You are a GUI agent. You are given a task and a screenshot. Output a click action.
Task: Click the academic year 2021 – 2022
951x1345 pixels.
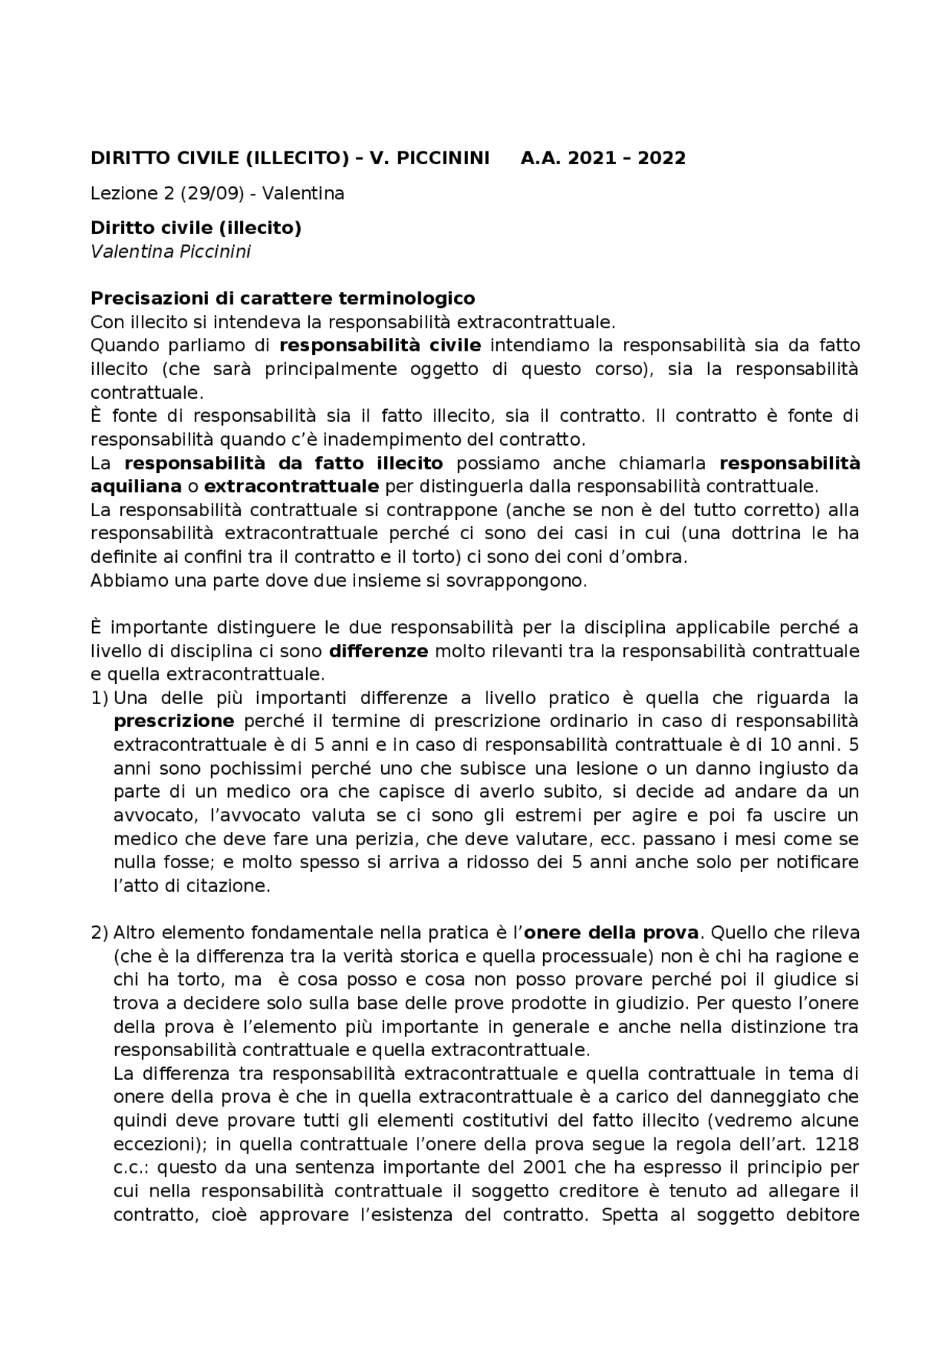(629, 158)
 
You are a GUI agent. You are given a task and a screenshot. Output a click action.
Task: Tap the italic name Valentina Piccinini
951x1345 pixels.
(170, 252)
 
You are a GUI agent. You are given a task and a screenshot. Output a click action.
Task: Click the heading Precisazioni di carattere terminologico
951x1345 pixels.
(282, 299)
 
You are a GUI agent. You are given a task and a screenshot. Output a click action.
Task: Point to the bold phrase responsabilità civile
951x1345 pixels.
(380, 345)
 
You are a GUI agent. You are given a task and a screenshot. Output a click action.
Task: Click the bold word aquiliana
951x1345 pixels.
(136, 486)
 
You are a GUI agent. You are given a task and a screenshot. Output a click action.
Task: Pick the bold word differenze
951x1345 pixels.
(378, 651)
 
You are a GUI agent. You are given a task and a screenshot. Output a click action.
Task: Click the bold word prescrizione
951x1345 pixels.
(174, 721)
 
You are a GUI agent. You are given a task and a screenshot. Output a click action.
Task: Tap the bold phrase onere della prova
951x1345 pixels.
(611, 933)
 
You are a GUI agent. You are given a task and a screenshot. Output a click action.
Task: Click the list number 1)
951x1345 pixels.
(100, 698)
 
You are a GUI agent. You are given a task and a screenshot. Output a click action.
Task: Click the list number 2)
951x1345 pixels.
(100, 933)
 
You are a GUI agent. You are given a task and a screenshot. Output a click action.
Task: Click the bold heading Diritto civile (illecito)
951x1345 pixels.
(195, 228)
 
